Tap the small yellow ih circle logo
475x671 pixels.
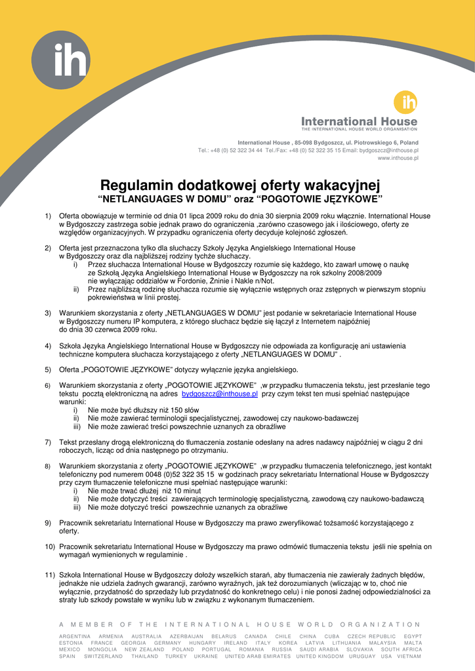point(405,103)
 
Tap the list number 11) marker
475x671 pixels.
point(50,575)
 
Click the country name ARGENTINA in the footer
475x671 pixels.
point(75,636)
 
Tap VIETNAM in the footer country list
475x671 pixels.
point(410,656)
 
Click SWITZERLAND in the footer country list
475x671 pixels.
point(103,656)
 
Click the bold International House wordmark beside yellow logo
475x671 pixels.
point(359,121)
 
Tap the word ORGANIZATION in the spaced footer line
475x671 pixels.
point(381,624)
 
